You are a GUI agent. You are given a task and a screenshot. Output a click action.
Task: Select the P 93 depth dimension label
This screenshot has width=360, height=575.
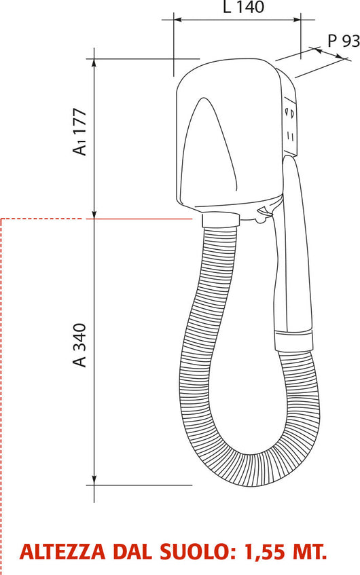tap(343, 41)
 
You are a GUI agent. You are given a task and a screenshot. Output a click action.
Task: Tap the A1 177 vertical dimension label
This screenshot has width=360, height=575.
tap(80, 131)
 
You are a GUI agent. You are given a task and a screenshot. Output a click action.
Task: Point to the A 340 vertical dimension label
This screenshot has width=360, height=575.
tap(80, 345)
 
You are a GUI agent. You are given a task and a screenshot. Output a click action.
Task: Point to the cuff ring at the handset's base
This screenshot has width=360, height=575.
tap(293, 340)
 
